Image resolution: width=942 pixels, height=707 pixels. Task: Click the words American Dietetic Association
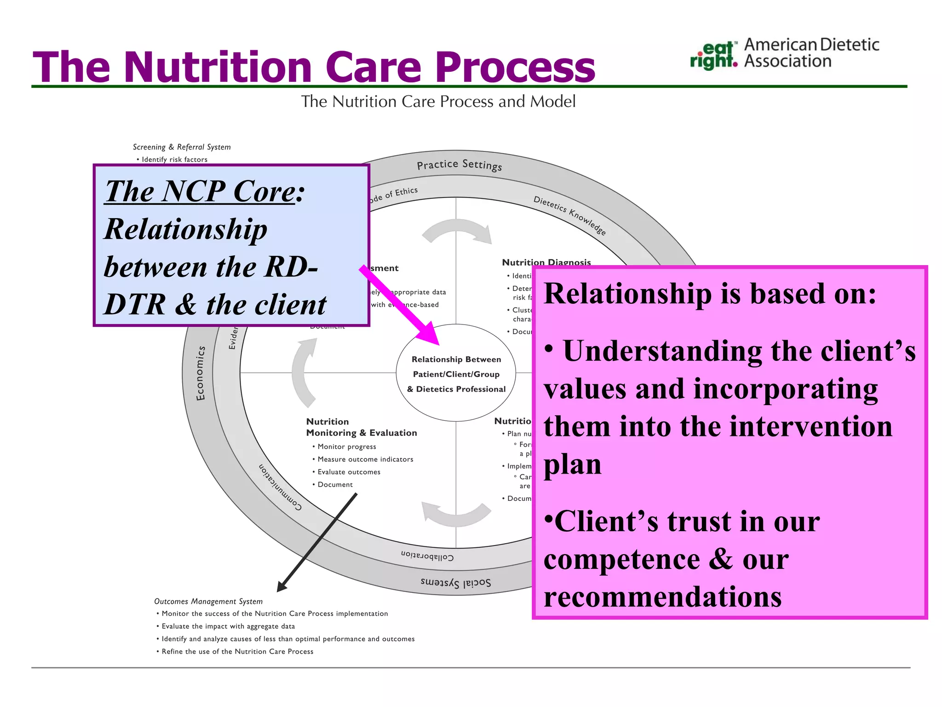811,53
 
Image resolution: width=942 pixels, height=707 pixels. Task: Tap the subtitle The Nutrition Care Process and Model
438,101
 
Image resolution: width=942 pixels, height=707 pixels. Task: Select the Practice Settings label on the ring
459,165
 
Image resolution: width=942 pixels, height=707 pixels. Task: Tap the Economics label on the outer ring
201,373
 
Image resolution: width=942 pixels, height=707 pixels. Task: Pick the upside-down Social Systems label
455,583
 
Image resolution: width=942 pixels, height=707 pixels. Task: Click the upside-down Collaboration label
427,556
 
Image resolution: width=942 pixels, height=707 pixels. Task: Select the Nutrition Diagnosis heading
546,262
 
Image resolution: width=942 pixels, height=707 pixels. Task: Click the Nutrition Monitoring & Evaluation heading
361,427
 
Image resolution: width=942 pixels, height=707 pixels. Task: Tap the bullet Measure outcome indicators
365,459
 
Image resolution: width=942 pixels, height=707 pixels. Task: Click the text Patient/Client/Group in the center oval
456,374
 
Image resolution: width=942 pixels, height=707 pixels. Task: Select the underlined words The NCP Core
200,191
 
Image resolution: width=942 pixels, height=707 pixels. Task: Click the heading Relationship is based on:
710,294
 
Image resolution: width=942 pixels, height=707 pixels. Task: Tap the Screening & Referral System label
182,147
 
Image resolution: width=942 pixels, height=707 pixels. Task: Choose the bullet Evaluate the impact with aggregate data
228,626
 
